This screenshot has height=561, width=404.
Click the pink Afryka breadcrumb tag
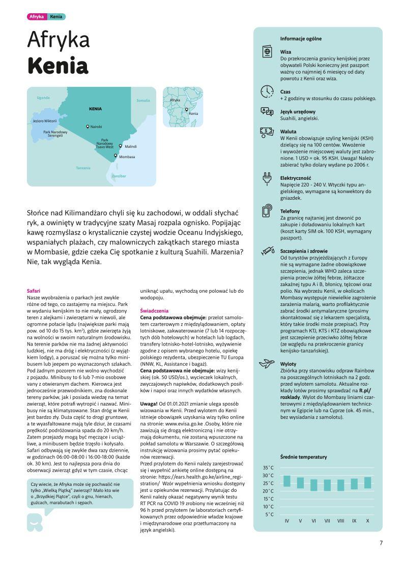pos(37,17)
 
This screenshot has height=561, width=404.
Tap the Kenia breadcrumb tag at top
pos(56,17)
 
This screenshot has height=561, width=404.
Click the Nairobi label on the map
pos(96,127)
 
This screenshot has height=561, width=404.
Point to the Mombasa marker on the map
pos(116,156)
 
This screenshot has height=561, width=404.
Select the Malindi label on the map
pos(130,146)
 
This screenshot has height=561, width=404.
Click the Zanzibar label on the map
pos(119,176)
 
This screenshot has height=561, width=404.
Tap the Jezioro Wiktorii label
pos(45,121)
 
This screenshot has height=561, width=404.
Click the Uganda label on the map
pos(43,98)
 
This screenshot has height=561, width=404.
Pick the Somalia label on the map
pos(143,101)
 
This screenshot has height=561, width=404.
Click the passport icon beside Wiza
pos(267,52)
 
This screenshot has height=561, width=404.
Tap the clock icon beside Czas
pos(267,92)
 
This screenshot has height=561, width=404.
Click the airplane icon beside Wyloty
pos(267,363)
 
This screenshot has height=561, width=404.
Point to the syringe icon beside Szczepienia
pos(267,251)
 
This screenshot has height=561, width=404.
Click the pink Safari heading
pos(34,291)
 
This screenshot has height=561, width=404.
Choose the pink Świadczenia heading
pos(155,310)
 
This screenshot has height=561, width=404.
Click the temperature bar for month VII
pos(327,484)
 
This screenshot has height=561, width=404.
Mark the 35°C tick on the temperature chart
pos(269,467)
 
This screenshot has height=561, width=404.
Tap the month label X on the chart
pos(367,521)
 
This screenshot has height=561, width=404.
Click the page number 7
pos(381,542)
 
